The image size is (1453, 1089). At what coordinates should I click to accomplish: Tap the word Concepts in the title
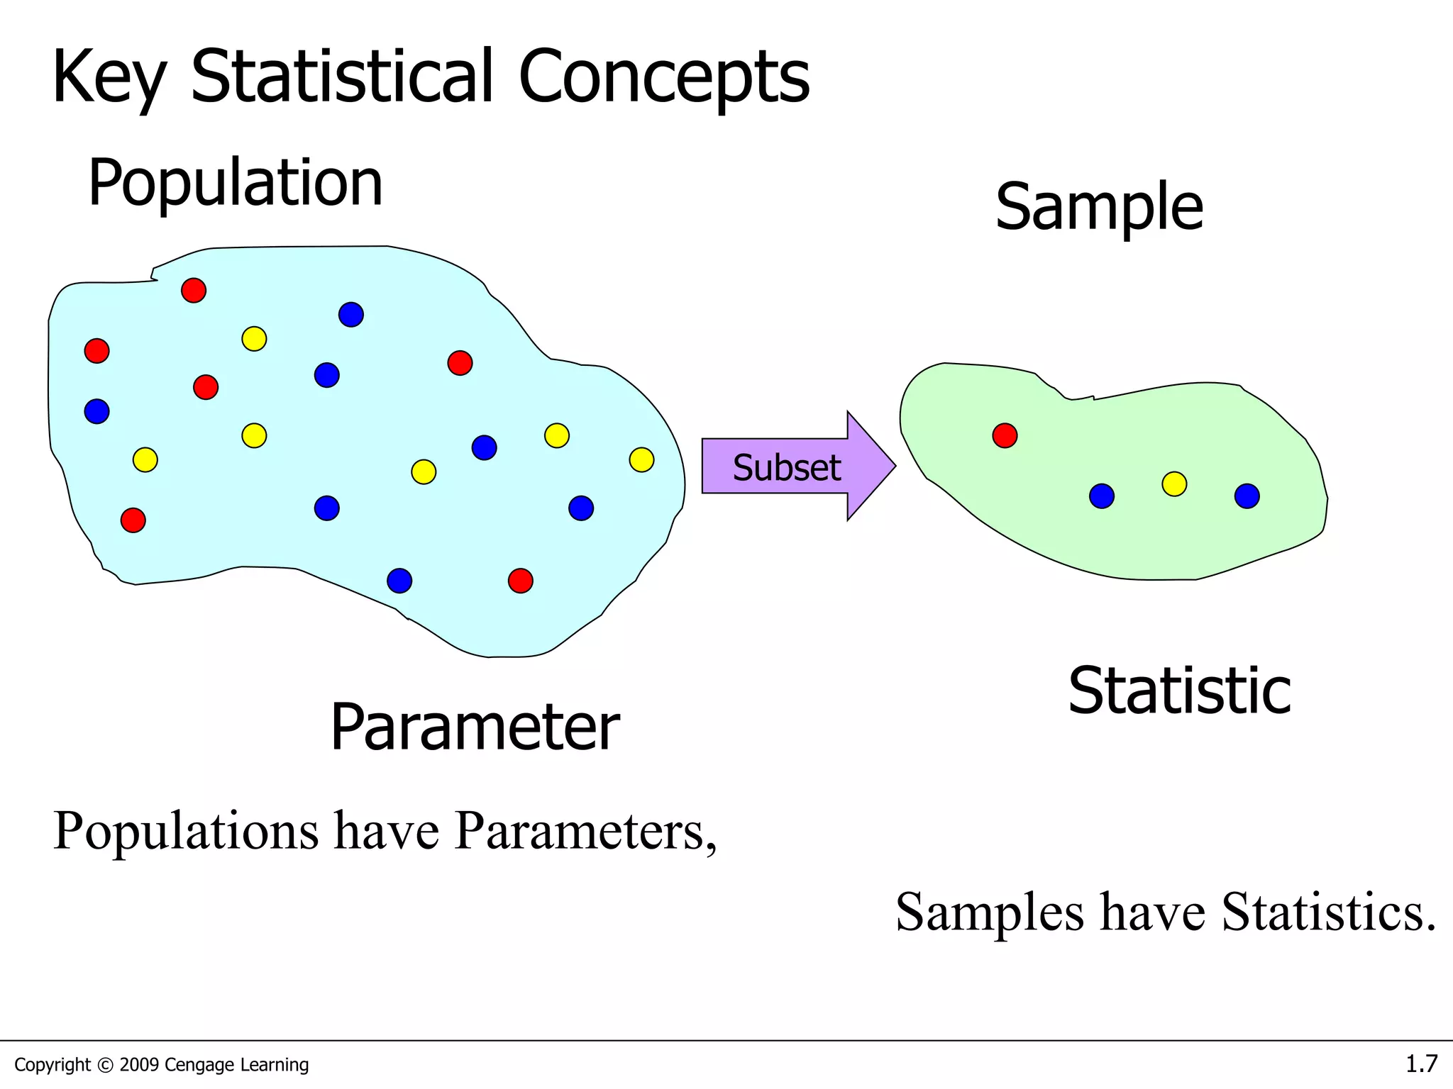pos(663,78)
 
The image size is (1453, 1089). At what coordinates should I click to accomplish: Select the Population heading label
pos(235,183)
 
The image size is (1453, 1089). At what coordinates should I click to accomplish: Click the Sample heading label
pos(1099,206)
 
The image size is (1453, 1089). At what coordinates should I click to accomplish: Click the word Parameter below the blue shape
pos(475,727)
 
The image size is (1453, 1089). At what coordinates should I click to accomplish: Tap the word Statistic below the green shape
pos(1179,691)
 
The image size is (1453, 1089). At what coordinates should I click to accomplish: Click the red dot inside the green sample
pos(1005,435)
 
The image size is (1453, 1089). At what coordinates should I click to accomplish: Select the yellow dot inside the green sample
pos(1174,484)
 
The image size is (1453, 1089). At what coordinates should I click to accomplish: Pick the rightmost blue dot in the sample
pos(1247,496)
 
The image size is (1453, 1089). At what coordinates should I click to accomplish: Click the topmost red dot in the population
pos(194,291)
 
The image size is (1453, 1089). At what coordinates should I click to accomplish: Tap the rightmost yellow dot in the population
pos(641,460)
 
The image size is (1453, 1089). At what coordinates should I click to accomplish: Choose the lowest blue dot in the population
pos(399,581)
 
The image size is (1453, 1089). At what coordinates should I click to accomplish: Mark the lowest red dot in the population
pos(520,581)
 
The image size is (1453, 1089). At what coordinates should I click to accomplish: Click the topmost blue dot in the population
pos(351,314)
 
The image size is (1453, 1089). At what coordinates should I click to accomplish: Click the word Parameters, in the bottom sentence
pos(585,831)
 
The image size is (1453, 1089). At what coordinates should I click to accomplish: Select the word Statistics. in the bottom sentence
pos(1328,912)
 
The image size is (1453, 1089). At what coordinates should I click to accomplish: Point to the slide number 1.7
pos(1421,1063)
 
